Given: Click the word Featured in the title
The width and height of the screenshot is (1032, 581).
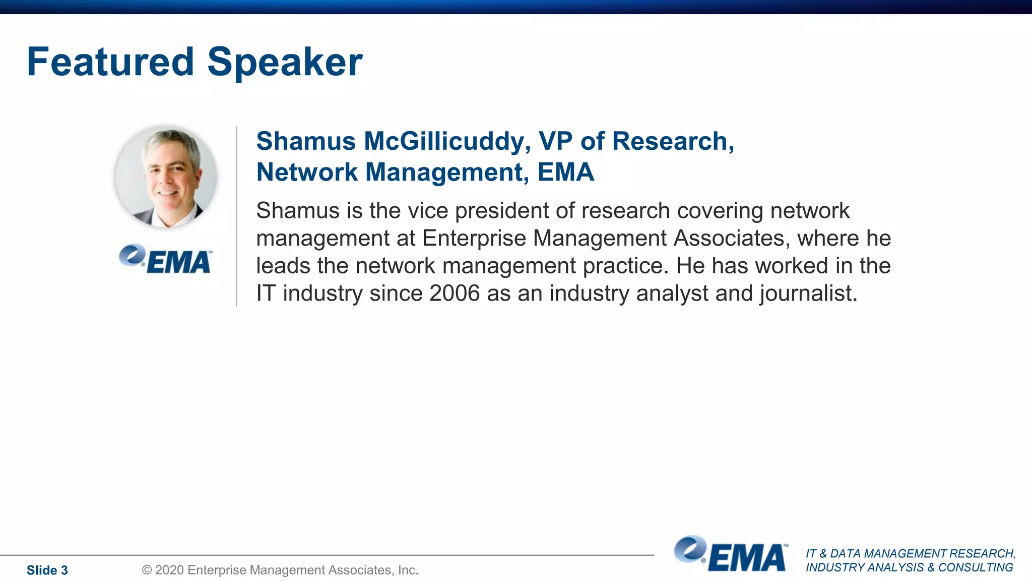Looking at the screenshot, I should (110, 62).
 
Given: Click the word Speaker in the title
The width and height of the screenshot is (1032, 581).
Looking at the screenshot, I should (285, 63).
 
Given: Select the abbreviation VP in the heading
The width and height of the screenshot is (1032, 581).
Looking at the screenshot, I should (555, 141).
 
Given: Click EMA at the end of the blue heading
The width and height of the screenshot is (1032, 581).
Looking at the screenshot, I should (565, 172).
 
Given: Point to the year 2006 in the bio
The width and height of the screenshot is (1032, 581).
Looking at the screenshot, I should (455, 293).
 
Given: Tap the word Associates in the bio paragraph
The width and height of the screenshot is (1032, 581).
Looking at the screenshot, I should (731, 238).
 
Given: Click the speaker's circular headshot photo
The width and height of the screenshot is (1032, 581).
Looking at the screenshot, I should (166, 177).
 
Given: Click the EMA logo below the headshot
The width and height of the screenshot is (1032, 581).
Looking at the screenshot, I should (166, 259).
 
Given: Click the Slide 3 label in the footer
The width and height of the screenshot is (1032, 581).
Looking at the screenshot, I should (47, 570).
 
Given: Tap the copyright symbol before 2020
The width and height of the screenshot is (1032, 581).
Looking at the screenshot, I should (147, 570).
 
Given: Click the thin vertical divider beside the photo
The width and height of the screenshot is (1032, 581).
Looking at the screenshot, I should (237, 217).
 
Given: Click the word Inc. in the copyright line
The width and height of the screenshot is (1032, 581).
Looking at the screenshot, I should (408, 570).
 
